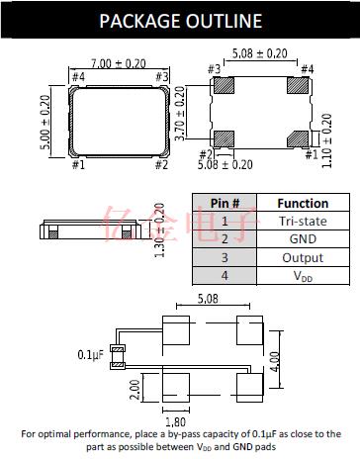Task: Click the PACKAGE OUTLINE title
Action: click(x=181, y=21)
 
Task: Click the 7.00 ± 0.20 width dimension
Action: click(x=119, y=63)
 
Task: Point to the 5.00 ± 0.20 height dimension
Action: click(x=45, y=122)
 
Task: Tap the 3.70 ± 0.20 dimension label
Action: click(x=180, y=113)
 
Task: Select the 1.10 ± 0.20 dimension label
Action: click(x=326, y=140)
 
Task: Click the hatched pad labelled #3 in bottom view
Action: click(x=224, y=85)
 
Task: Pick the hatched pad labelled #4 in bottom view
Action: click(x=298, y=85)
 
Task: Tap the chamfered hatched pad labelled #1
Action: click(x=298, y=138)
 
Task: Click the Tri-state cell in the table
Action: click(x=303, y=221)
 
